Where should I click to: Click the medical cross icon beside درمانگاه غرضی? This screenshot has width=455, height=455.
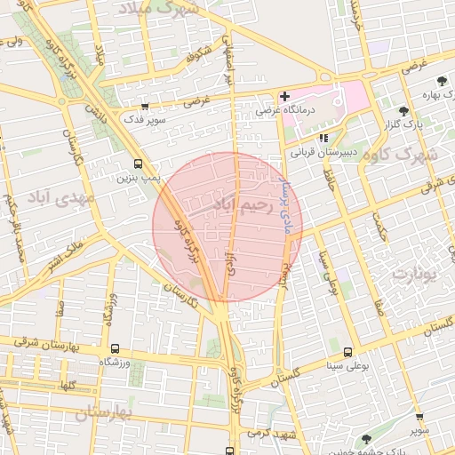point(284,96)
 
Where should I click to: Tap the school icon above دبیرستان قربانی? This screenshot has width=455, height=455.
point(323,138)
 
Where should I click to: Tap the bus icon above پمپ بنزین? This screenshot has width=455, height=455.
point(137,164)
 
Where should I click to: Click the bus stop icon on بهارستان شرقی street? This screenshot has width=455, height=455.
point(115,348)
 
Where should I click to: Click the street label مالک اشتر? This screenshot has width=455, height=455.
point(74,250)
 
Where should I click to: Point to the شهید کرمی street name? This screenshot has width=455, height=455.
point(272,433)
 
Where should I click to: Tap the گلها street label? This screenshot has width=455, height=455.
point(65,386)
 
